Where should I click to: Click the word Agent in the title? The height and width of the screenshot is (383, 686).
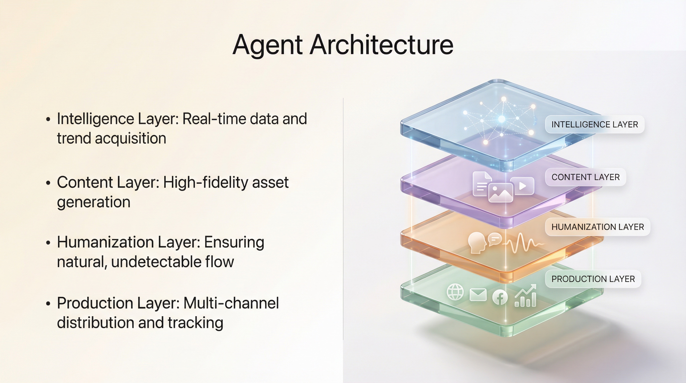coord(267,45)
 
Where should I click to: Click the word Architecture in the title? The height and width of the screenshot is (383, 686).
coord(381,44)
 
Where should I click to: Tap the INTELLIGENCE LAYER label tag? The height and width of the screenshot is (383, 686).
coord(595,124)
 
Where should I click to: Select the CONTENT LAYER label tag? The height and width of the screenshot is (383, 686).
coord(586,177)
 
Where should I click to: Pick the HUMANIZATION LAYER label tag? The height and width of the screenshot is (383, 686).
coord(598,227)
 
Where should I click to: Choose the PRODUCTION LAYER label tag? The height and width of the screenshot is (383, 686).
coord(593,279)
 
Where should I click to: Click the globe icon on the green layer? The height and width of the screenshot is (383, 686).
coord(455,292)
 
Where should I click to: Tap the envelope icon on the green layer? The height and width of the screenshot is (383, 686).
coord(478,295)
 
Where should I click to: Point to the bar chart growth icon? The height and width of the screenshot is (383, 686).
coord(525,296)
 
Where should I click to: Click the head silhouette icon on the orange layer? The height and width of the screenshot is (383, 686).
coord(476,243)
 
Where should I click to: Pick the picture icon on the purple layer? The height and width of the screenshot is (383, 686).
coord(501,193)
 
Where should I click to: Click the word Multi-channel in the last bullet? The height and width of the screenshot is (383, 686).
coord(231,303)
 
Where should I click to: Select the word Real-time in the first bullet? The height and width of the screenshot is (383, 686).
coord(214,119)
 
